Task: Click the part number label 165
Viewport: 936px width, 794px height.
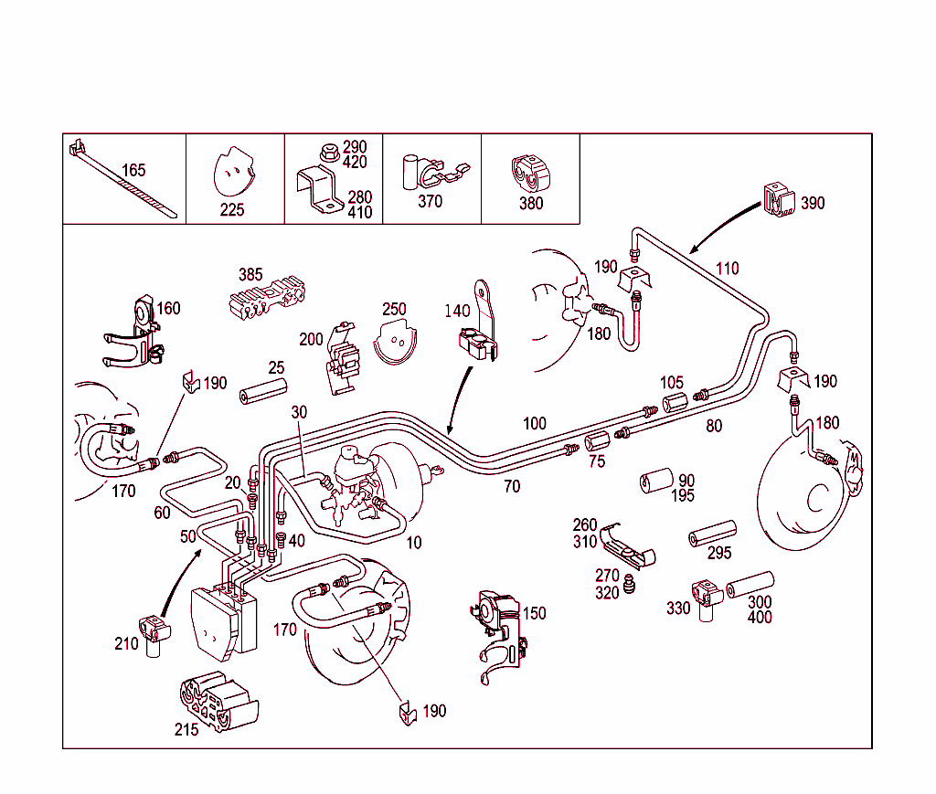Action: [x=133, y=170]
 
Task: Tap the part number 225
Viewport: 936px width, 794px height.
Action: [x=232, y=209]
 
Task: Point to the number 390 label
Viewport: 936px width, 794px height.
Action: [x=812, y=203]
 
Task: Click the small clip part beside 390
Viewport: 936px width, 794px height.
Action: [x=776, y=200]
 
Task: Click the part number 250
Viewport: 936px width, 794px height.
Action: [x=394, y=310]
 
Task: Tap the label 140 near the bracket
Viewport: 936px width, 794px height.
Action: [x=457, y=312]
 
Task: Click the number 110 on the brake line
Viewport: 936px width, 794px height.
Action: [x=727, y=269]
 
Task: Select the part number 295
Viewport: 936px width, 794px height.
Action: [x=719, y=553]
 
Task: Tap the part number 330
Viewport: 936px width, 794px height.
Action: [x=678, y=609]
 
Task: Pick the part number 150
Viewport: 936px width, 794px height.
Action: [x=534, y=613]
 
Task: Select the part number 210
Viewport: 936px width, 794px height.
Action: [x=126, y=644]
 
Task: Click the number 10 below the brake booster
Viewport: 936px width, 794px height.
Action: [x=414, y=543]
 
